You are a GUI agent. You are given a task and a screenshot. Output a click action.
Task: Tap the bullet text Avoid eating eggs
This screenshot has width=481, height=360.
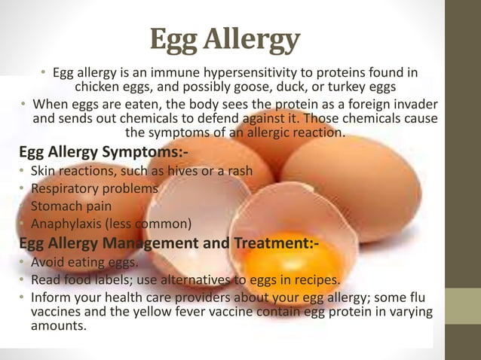point(84,262)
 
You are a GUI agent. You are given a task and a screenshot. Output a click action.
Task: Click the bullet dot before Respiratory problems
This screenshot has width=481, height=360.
point(23,190)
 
